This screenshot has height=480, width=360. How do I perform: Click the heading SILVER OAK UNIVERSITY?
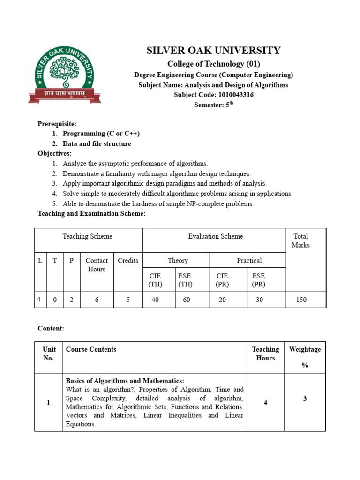pos(214,51)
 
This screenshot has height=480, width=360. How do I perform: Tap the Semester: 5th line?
pos(213,105)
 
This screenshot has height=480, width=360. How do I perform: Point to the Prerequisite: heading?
pos(57,124)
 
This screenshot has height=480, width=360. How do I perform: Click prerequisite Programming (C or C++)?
pos(101,134)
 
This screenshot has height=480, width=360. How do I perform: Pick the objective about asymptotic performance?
pos(135,164)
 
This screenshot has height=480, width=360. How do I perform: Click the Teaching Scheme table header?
pos(88,236)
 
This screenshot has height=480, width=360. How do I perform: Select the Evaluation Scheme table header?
pos(215,236)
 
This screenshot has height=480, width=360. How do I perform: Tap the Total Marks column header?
pos(300,240)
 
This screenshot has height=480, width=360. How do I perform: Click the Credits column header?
pos(128,261)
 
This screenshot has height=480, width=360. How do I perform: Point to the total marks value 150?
pos(300,300)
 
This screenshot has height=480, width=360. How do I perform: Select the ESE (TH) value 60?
pos(187,300)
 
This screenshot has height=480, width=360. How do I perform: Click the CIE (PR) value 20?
pos(222,300)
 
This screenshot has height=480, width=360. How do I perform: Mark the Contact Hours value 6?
pos(97,300)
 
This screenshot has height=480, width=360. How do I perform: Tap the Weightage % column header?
pos(305,357)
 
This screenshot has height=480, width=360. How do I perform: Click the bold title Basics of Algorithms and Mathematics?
pos(125,381)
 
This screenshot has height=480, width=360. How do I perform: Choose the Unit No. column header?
pos(49,353)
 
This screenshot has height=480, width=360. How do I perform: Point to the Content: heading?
pos(51,329)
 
